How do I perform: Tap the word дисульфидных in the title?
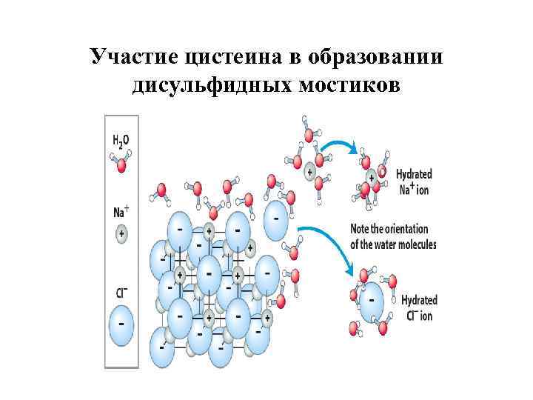212,85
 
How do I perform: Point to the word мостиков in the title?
347,85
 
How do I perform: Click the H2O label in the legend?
121,139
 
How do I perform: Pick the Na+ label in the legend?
121,211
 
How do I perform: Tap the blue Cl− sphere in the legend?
122,324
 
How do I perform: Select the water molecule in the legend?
121,161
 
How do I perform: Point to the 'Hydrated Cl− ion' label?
418,307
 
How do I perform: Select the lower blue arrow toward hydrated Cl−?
330,241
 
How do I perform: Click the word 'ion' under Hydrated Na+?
422,190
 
